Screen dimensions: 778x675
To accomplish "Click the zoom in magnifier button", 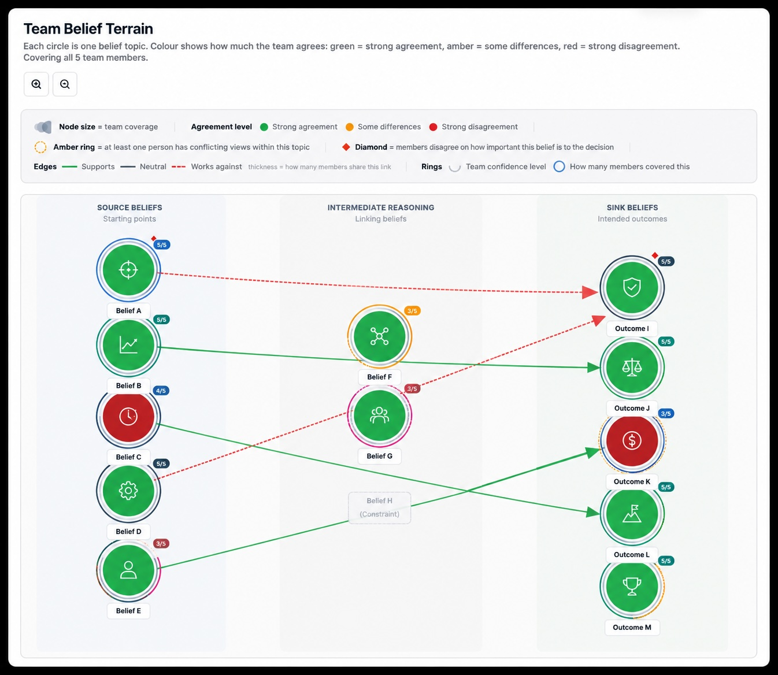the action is coord(36,84).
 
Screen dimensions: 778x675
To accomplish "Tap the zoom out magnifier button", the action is coord(65,84).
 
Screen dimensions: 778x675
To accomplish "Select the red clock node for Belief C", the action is coord(128,417).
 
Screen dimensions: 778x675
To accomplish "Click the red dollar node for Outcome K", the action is coord(632,440).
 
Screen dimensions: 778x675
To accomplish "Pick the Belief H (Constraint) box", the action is coord(380,508).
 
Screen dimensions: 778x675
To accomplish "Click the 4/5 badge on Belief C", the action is coord(161,391).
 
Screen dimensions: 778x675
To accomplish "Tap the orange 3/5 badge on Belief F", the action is coord(412,311).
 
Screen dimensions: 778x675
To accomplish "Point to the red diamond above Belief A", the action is coord(154,239).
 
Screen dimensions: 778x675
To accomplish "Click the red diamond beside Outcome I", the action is coord(655,255).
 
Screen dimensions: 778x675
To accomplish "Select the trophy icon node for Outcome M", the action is coord(632,586).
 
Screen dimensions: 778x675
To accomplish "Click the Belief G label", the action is coord(380,456).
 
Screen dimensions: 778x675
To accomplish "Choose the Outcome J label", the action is coord(632,408).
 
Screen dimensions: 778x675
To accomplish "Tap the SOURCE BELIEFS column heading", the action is coord(129,207).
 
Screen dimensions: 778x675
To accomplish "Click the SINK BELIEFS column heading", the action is coord(632,207).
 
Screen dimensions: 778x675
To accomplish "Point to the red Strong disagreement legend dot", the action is coord(433,127).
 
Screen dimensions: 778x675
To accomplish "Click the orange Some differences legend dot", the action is coord(350,127).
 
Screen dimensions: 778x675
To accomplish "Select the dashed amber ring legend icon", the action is coord(40,147).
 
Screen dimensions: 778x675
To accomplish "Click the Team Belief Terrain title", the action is coord(88,29).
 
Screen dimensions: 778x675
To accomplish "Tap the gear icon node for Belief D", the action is coord(128,490).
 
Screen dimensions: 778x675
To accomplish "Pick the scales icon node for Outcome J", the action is coord(632,367).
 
